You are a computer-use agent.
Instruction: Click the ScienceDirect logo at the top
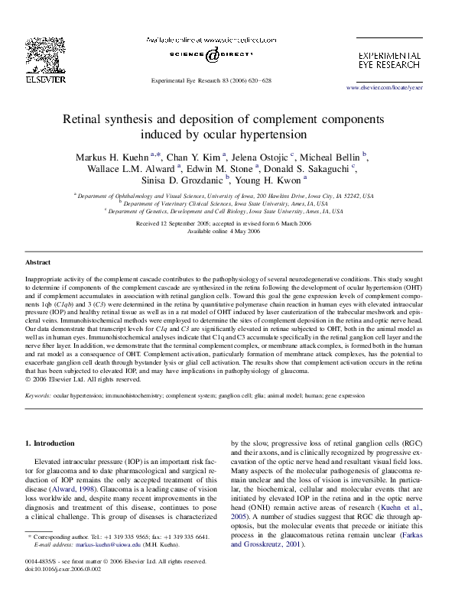pos(210,56)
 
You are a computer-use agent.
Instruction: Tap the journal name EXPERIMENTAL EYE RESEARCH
pos(388,61)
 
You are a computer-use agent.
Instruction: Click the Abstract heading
pos(39,262)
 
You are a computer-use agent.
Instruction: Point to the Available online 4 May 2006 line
pos(227,229)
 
